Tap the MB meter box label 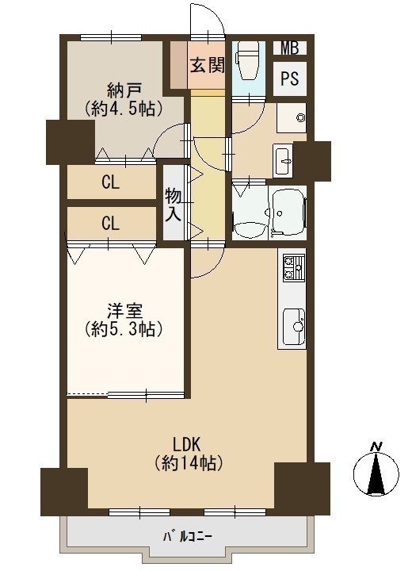[290, 48]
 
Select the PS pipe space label [290, 79]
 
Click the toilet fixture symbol [248, 60]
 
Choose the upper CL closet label [111, 182]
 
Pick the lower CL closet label [111, 223]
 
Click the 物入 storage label [174, 205]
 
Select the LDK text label [187, 445]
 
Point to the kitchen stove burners [294, 268]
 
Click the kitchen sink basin [294, 326]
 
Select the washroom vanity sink [284, 160]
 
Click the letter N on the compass [376, 446]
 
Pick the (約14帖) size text [188, 463]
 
